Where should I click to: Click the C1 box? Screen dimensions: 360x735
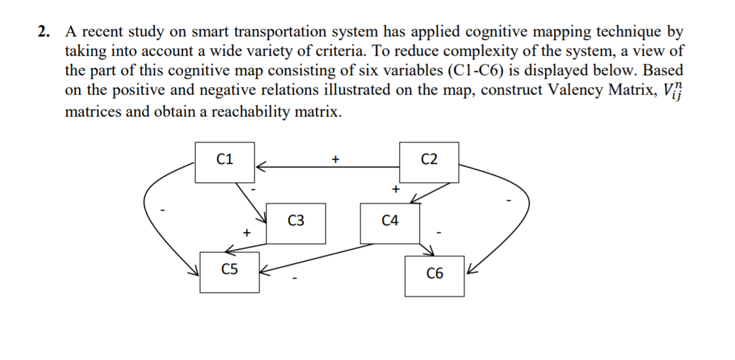(x=225, y=161)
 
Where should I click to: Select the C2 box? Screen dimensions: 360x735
(x=428, y=161)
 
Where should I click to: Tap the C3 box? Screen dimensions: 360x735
(x=296, y=223)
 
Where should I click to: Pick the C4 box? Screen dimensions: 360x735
(x=390, y=223)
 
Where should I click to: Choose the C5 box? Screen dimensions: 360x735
(x=230, y=271)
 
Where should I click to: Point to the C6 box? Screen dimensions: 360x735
(x=434, y=276)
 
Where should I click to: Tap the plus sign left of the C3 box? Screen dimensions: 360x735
(x=246, y=232)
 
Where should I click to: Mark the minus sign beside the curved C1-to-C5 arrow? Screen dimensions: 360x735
(x=162, y=211)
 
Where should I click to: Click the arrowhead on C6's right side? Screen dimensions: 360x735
(x=470, y=271)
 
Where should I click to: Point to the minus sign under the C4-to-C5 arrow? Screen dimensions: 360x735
(x=294, y=280)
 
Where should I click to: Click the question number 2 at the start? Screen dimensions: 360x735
(x=43, y=32)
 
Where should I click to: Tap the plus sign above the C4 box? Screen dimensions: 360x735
(x=395, y=189)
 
